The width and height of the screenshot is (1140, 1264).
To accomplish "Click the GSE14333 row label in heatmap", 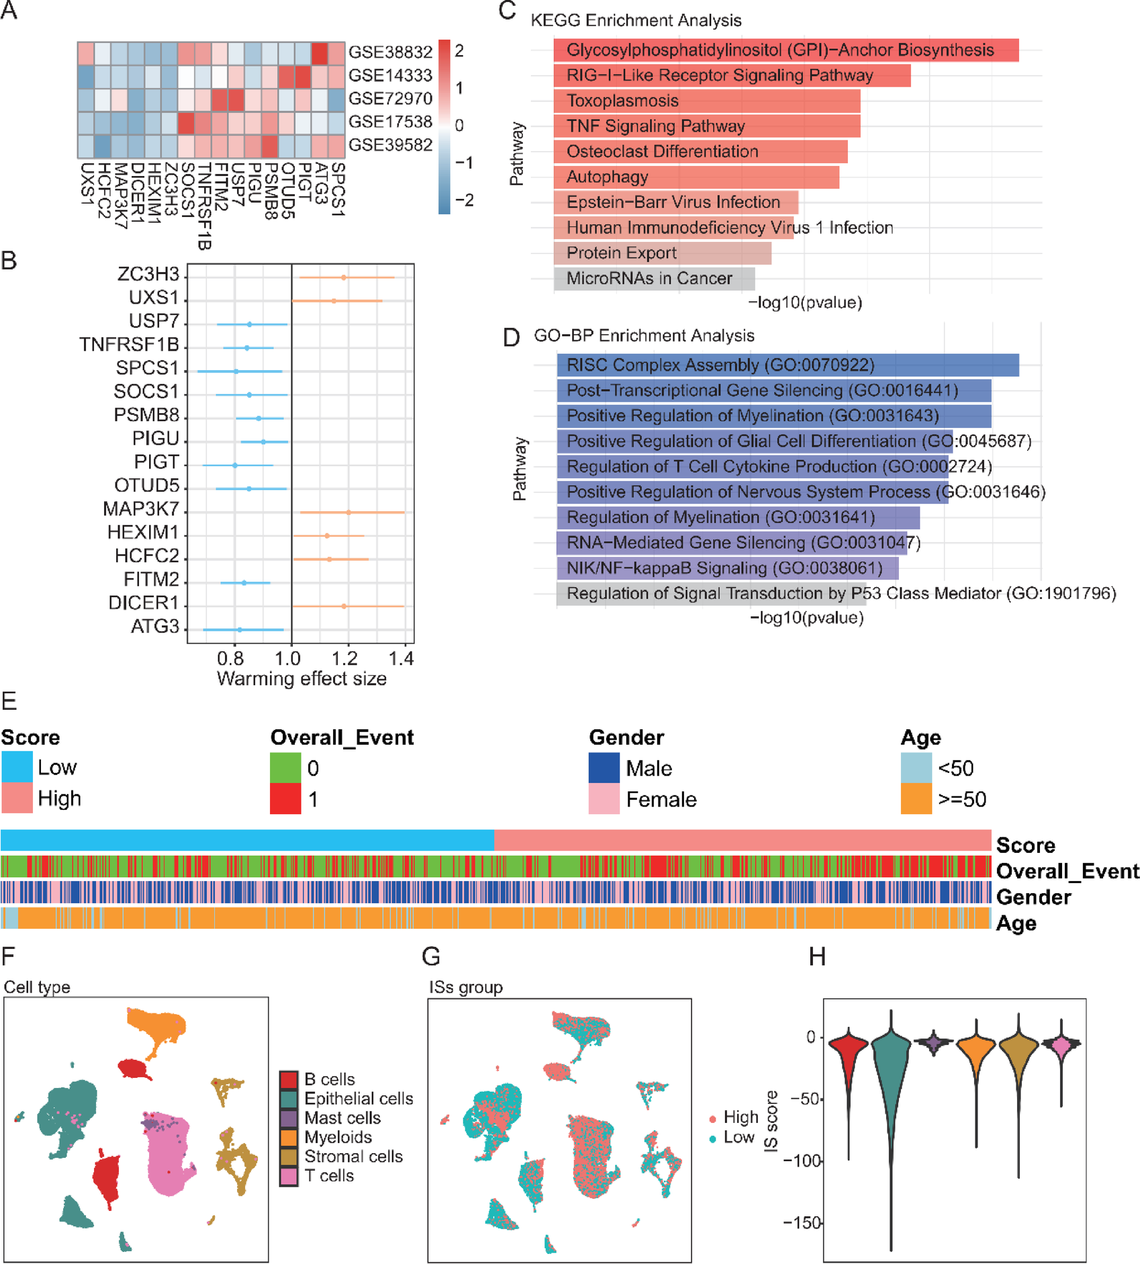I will (x=390, y=75).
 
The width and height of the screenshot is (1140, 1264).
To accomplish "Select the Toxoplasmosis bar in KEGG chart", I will (x=706, y=101).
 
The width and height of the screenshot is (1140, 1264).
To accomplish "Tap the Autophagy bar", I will (x=696, y=177).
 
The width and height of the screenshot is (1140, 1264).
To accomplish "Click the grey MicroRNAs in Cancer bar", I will (x=654, y=279).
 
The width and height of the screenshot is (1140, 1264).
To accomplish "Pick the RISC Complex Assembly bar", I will (x=787, y=365).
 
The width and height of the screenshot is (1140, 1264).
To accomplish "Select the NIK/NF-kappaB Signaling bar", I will (x=727, y=568).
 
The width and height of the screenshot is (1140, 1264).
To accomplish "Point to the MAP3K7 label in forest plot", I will (x=141, y=510).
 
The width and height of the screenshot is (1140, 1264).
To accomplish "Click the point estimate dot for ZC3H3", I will (x=344, y=277).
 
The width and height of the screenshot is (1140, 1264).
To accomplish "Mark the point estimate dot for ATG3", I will (x=240, y=629).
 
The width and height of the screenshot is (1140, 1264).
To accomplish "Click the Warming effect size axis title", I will (x=301, y=679).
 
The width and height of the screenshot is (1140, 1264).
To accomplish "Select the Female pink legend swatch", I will (x=604, y=799).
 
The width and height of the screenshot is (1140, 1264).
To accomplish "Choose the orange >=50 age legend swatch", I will (x=916, y=799).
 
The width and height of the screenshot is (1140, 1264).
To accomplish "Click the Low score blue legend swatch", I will (x=17, y=767).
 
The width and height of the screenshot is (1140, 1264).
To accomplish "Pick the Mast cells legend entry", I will (x=342, y=1118).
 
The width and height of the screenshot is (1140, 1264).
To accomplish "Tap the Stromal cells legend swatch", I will (x=289, y=1157).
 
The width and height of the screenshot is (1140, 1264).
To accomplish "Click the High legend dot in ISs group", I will (x=712, y=1118).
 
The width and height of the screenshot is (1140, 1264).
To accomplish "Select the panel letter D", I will (x=511, y=337).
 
